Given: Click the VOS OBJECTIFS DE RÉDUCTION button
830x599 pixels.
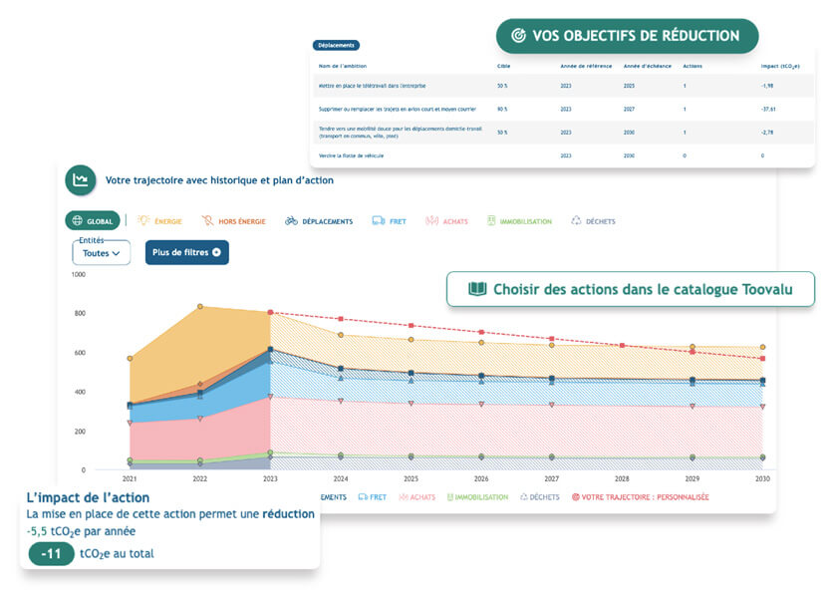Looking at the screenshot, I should pyautogui.click(x=627, y=35).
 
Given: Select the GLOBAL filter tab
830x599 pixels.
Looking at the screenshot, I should pyautogui.click(x=93, y=220).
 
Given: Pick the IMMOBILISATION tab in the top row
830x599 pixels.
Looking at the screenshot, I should pyautogui.click(x=519, y=221).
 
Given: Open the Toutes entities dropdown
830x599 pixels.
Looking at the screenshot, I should pyautogui.click(x=102, y=253).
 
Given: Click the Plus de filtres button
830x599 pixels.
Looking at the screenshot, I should pyautogui.click(x=187, y=252).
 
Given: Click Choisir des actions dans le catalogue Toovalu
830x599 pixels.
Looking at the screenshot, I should pyautogui.click(x=631, y=289).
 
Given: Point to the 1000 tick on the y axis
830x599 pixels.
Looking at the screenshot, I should pyautogui.click(x=79, y=274).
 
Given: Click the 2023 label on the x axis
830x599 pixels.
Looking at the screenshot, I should pyautogui.click(x=271, y=479).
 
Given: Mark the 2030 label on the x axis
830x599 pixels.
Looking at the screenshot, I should pyautogui.click(x=762, y=479).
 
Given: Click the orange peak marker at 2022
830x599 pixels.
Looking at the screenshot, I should pyautogui.click(x=201, y=307).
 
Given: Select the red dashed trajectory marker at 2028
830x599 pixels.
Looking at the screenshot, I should pyautogui.click(x=622, y=346).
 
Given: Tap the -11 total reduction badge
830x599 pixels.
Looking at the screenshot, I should pyautogui.click(x=51, y=553).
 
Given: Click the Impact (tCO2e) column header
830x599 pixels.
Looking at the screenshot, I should pyautogui.click(x=779, y=66).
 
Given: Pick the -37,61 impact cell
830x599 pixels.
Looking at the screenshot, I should pyautogui.click(x=768, y=109).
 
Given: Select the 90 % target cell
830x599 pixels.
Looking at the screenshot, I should pyautogui.click(x=502, y=109).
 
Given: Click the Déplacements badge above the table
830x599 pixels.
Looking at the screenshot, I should pyautogui.click(x=336, y=45).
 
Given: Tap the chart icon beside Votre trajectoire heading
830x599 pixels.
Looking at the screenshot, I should pyautogui.click(x=81, y=180).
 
